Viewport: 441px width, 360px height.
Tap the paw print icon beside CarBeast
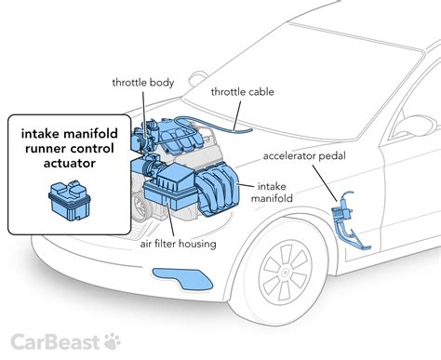pos(114,340)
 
